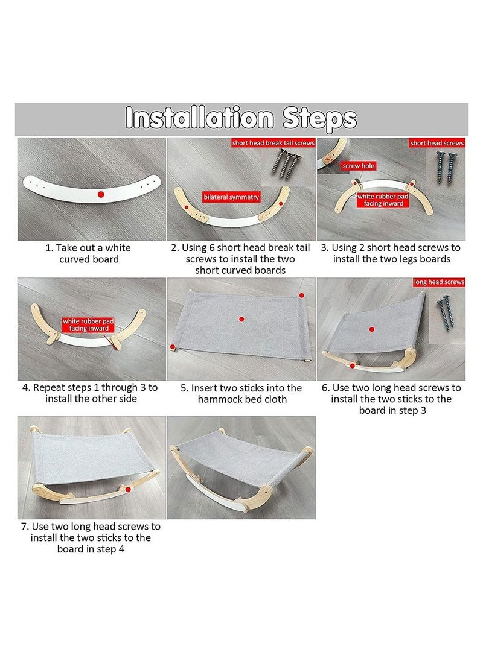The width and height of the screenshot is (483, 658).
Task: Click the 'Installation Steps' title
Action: (241, 118)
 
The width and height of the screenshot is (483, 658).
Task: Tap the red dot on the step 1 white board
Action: (101, 194)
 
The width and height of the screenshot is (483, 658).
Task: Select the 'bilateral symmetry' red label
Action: (231, 197)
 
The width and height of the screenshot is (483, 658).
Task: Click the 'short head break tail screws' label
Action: (273, 143)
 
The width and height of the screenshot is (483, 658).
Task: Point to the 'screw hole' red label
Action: (358, 166)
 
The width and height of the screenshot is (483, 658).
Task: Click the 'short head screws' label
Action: (437, 143)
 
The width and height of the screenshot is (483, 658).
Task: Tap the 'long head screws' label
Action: (439, 282)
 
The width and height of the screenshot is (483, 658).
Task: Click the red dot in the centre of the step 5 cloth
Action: (241, 319)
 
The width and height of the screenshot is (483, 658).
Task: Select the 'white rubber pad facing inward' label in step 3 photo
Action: (383, 200)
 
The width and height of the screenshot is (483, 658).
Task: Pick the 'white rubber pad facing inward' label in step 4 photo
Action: (88, 325)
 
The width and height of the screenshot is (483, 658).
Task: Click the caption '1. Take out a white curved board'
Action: (89, 253)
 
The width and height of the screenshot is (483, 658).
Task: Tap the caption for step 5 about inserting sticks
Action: (241, 394)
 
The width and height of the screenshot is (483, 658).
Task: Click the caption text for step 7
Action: (91, 537)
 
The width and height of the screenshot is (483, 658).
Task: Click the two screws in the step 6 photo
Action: (446, 311)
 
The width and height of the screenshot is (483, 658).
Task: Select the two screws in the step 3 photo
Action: (446, 168)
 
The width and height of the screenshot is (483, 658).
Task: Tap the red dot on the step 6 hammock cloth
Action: (372, 329)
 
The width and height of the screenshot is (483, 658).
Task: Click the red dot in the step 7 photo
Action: (127, 489)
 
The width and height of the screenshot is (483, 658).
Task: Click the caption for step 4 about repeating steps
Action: (91, 393)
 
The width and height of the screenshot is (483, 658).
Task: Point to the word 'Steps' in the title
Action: (319, 118)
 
